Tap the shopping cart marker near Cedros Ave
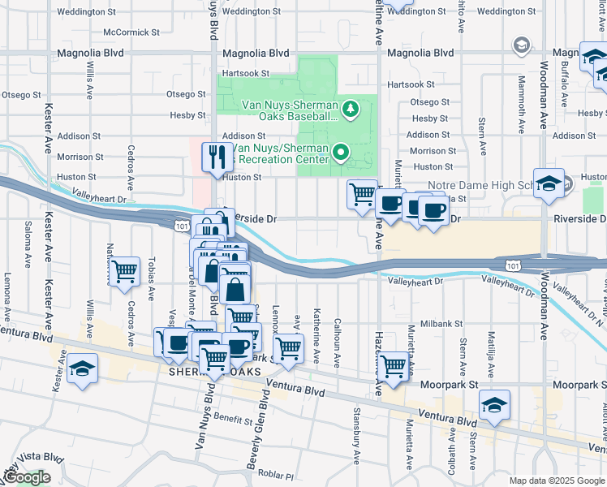(124, 271)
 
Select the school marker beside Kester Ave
(83, 368)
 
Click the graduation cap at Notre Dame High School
(549, 183)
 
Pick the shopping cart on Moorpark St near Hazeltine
(394, 365)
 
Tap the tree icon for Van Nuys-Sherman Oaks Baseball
(351, 108)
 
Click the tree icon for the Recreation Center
(342, 151)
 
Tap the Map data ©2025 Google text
(557, 481)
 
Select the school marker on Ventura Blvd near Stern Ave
(494, 404)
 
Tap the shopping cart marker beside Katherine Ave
(288, 349)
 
